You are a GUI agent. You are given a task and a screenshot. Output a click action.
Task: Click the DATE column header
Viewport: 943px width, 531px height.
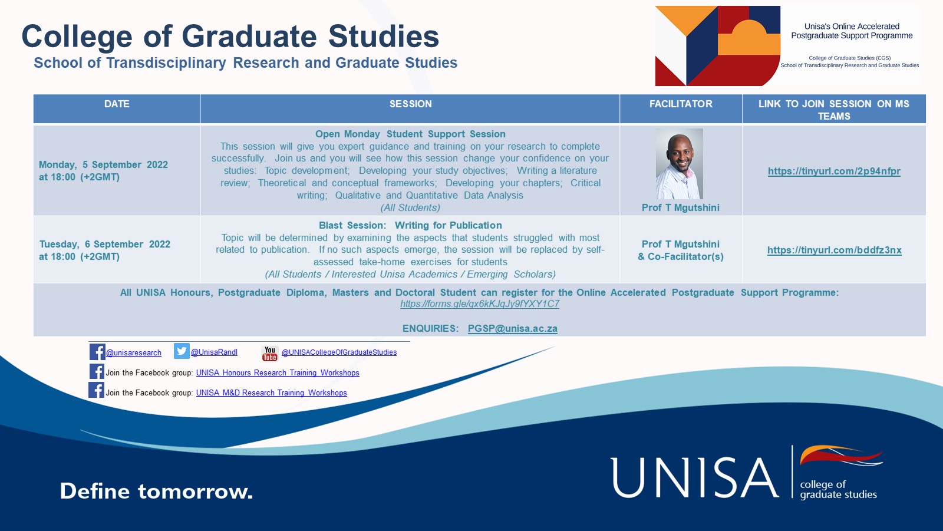pos(117,104)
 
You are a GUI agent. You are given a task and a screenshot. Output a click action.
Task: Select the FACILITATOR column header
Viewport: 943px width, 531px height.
pos(681,104)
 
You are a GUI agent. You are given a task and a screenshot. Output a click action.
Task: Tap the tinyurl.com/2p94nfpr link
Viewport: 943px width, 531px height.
pos(834,171)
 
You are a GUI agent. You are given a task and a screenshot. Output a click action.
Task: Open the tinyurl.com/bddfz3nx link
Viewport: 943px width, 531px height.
pos(834,250)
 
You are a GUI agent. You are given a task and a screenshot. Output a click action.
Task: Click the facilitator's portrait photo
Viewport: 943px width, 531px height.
pos(680,164)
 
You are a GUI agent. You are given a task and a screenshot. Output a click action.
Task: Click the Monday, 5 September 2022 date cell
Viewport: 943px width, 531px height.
pos(103,170)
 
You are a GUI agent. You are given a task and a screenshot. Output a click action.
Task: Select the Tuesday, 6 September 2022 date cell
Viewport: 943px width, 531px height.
pos(104,250)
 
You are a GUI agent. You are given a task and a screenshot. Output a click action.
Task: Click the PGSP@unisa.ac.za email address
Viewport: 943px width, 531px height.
pos(512,328)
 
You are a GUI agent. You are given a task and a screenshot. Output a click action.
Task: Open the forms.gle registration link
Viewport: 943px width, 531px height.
pos(480,304)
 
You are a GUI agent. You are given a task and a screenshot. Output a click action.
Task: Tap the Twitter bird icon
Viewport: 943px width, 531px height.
pos(182,351)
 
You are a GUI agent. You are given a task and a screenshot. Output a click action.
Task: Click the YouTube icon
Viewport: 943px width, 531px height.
pos(269,353)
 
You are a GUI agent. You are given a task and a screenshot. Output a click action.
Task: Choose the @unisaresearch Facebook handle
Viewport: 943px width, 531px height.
pos(133,353)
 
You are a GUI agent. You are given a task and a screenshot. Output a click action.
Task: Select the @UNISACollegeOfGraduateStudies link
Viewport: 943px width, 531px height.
pos(339,352)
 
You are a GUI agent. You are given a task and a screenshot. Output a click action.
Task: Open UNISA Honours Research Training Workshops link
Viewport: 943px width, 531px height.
pos(278,372)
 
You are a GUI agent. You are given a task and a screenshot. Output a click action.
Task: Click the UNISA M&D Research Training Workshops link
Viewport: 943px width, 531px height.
pos(272,393)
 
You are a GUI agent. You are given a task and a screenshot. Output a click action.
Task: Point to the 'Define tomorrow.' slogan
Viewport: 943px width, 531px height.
pos(156,491)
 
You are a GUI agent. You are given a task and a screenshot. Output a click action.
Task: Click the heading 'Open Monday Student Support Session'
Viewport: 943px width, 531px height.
pos(410,134)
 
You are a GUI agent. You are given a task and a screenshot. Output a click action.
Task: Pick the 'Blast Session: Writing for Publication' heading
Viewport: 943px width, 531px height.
pos(410,225)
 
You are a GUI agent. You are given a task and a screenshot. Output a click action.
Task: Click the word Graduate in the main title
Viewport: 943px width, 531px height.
pos(249,37)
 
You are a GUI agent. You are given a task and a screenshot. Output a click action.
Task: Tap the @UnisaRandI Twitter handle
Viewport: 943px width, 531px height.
pos(214,352)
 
